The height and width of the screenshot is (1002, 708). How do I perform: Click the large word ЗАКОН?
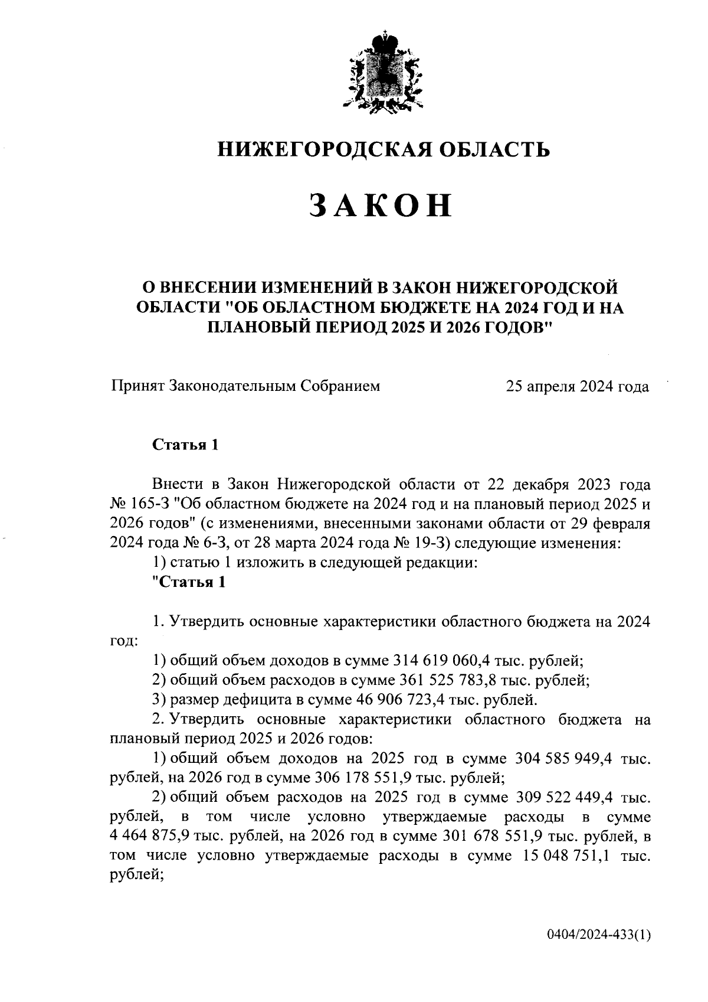pyautogui.click(x=381, y=205)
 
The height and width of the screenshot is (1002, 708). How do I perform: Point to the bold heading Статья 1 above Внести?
pyautogui.click(x=185, y=445)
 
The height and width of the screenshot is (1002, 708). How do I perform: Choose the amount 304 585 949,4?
pyautogui.click(x=565, y=758)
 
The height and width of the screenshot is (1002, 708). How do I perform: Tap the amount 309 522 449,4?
pyautogui.click(x=565, y=798)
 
